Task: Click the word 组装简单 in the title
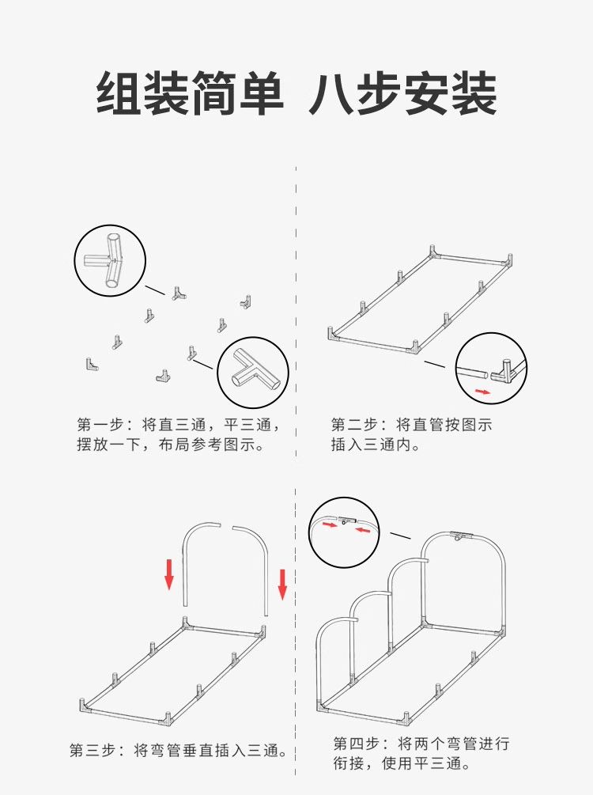click(190, 93)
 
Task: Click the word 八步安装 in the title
click(402, 93)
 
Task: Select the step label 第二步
click(353, 425)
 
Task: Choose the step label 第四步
click(355, 744)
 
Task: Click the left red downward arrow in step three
click(169, 574)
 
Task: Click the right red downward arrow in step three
click(282, 584)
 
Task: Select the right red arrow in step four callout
click(362, 529)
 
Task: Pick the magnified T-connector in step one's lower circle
click(254, 373)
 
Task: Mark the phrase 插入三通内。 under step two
click(376, 445)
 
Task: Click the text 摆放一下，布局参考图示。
click(170, 445)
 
